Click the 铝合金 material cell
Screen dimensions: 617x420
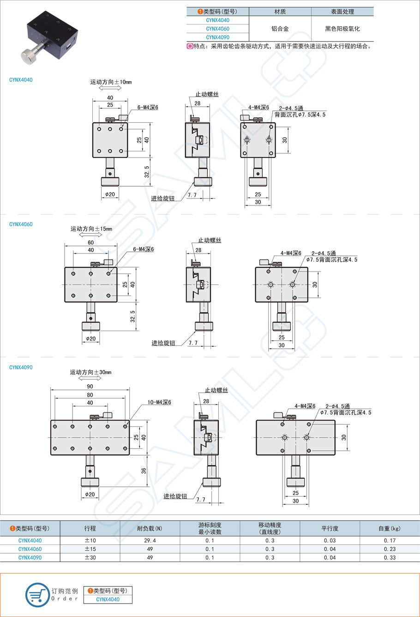point(280,29)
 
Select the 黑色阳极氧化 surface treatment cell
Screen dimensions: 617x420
point(342,29)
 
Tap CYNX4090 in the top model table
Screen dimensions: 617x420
point(217,37)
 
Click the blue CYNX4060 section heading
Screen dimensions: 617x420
point(21,224)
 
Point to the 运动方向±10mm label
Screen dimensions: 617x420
point(111,82)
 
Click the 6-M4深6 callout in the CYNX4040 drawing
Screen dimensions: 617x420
point(148,108)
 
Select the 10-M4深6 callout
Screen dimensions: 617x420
point(159,402)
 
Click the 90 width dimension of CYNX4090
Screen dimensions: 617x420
point(90,387)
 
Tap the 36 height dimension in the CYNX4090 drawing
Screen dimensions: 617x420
point(144,471)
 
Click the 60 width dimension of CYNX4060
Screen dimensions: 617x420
point(91,242)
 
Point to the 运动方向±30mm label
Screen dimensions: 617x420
point(90,372)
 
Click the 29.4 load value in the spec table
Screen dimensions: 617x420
point(150,540)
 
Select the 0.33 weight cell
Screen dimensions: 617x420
point(390,558)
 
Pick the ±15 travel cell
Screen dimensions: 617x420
point(90,549)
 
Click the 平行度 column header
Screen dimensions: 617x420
point(330,528)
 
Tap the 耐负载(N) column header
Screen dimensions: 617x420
point(150,528)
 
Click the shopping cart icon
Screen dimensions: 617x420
point(37,595)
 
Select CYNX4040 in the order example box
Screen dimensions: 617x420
point(108,599)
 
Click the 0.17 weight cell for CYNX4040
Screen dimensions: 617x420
point(390,540)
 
